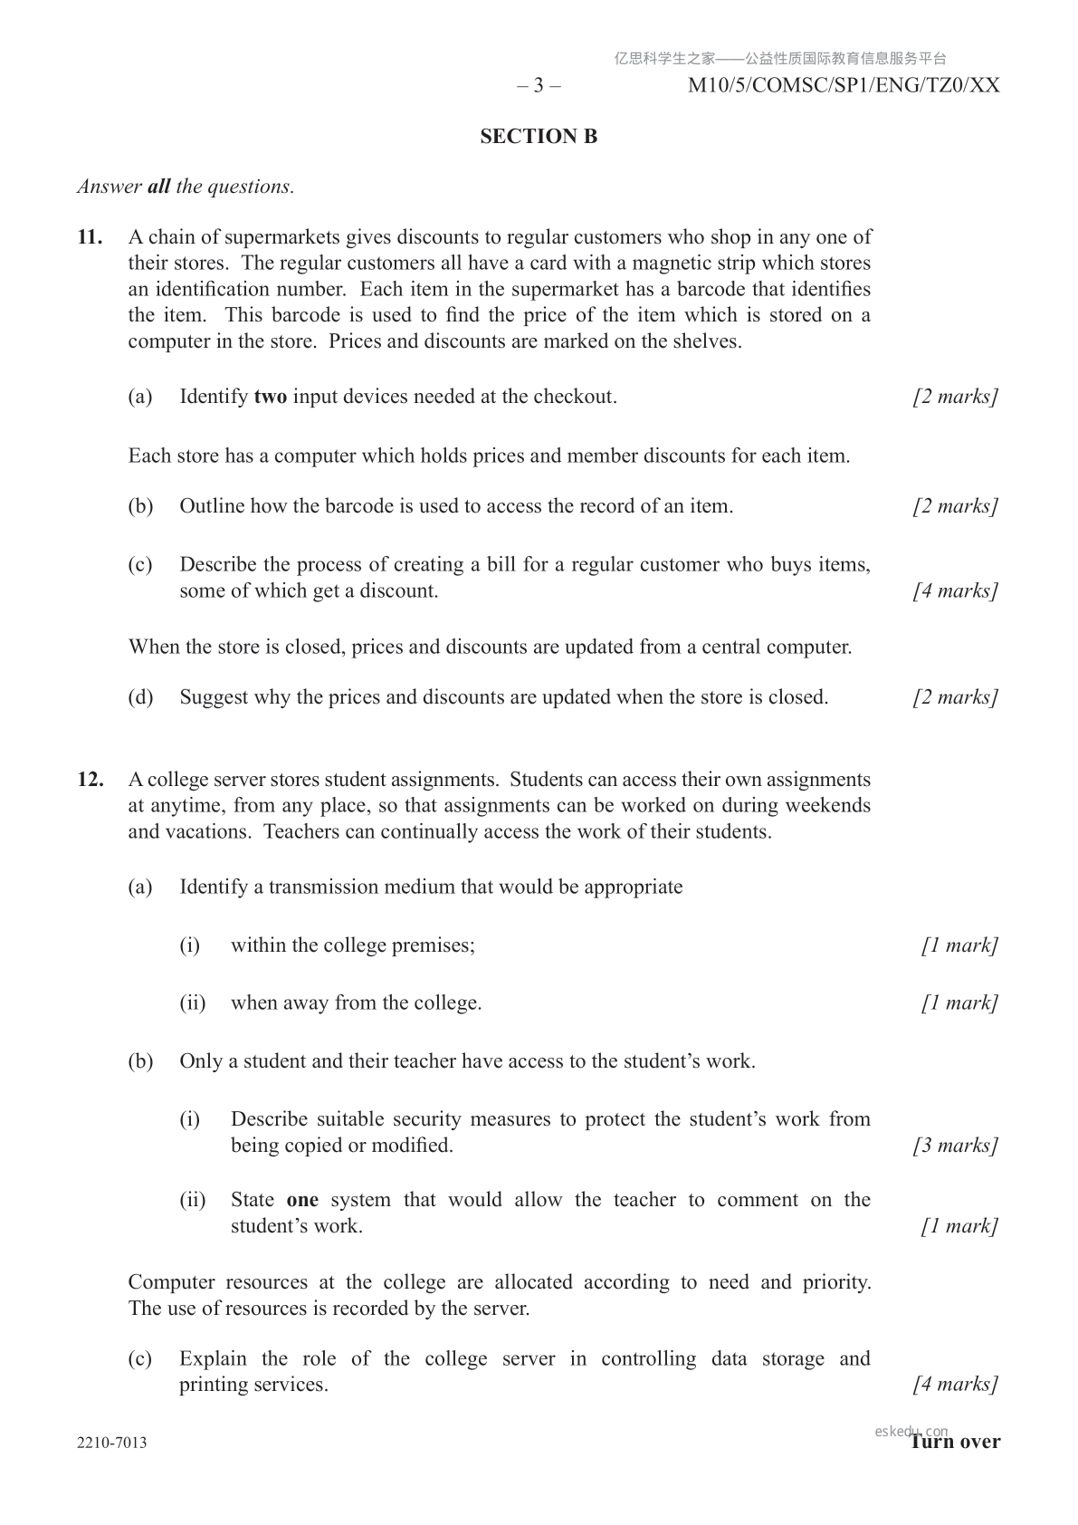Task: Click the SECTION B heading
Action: click(x=539, y=137)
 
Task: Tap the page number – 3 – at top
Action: click(x=539, y=86)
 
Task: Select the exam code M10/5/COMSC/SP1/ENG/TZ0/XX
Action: click(x=844, y=86)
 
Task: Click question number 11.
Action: click(x=90, y=238)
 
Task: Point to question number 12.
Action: click(x=90, y=780)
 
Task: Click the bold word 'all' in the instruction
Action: click(x=158, y=187)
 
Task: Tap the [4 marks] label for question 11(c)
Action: click(x=955, y=591)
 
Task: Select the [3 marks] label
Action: click(x=955, y=1146)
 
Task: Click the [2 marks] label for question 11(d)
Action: click(x=955, y=697)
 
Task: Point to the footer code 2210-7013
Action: click(x=112, y=1443)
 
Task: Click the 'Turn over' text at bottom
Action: click(x=957, y=1442)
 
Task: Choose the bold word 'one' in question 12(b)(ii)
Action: click(x=302, y=1200)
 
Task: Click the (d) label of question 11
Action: click(x=140, y=697)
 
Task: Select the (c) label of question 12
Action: click(x=140, y=1359)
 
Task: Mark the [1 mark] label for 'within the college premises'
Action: click(x=959, y=945)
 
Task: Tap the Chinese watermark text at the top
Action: click(x=780, y=59)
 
